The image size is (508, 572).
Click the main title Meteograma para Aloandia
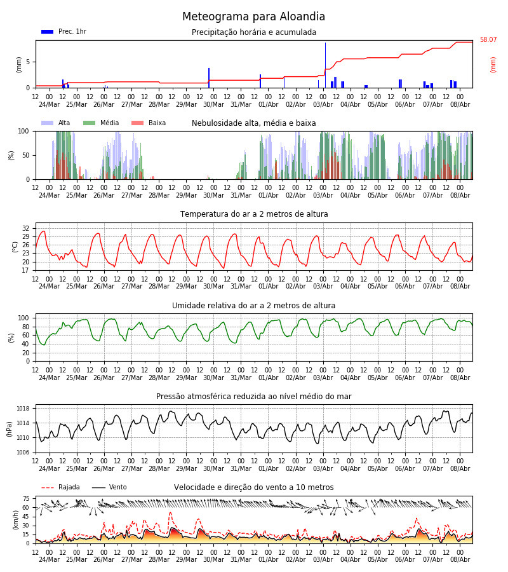tap(253, 17)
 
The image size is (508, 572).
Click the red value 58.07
tap(488, 39)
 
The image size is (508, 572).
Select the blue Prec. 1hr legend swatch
tap(48, 32)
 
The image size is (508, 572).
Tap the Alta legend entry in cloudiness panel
tap(56, 123)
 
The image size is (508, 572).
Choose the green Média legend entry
tap(101, 123)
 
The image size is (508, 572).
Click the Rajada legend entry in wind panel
tap(60, 487)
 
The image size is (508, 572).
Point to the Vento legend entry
tap(109, 487)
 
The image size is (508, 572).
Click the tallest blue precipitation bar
tap(325, 65)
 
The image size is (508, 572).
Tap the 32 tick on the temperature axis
tap(25, 228)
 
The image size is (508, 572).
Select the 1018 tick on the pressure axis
tap(23, 408)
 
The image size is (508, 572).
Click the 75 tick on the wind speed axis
tap(25, 499)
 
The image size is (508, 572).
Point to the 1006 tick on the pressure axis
tap(23, 453)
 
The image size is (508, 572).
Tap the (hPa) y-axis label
tap(10, 429)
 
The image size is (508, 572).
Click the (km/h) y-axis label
tap(15, 520)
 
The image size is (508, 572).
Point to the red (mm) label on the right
tap(493, 65)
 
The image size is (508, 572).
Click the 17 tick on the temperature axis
tap(25, 270)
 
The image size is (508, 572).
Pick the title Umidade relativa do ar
tap(253, 305)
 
